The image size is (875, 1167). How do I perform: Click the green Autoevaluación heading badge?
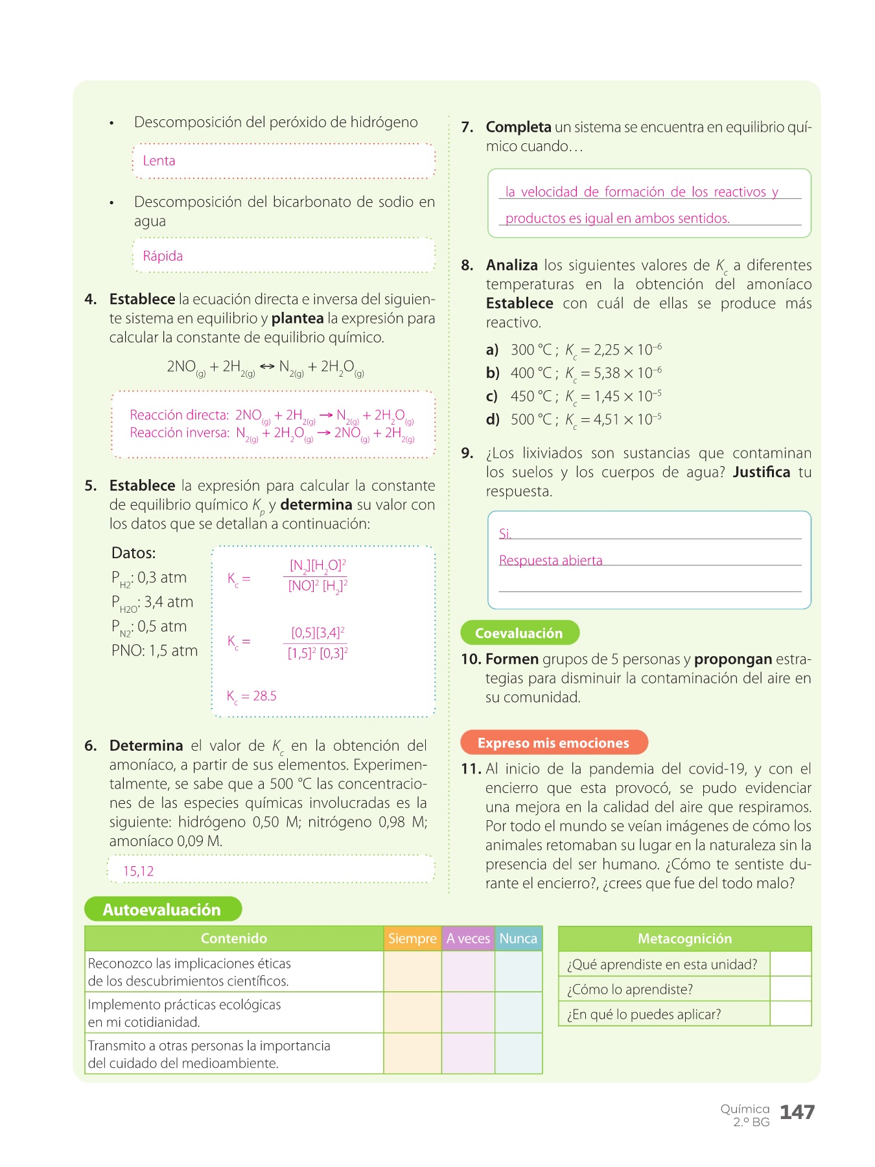(x=163, y=909)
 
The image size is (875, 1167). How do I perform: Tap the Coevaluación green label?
(x=519, y=633)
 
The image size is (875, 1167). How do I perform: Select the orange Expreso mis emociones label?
(x=554, y=742)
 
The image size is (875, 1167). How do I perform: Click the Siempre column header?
(x=412, y=938)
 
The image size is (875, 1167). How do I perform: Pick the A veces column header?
(x=468, y=938)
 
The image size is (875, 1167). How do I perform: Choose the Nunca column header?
(x=518, y=938)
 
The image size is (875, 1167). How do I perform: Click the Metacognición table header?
(x=684, y=938)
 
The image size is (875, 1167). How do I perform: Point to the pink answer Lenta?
(x=159, y=161)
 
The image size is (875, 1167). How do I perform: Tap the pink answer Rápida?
(x=163, y=256)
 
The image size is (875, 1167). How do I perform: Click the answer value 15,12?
(x=139, y=871)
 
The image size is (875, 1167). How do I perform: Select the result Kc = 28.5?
(x=251, y=696)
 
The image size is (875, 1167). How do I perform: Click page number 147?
(x=797, y=1112)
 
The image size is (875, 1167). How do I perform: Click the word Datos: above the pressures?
(x=134, y=553)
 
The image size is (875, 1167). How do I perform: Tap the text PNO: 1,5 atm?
(x=154, y=650)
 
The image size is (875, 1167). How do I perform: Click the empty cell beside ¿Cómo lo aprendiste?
(x=790, y=989)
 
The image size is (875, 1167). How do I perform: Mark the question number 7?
(x=467, y=127)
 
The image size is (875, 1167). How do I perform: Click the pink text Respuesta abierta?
(x=550, y=560)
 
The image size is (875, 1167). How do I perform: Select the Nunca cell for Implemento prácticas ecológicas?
(x=518, y=1012)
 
